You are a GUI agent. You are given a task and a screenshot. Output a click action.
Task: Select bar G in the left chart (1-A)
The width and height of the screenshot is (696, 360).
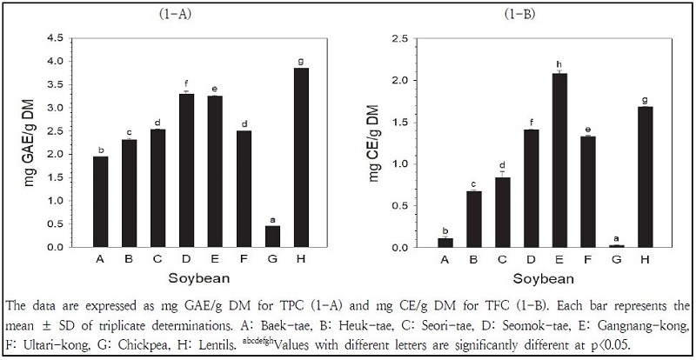pyautogui.click(x=272, y=237)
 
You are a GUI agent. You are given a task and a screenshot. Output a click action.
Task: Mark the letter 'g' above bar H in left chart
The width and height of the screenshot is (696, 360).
pyautogui.click(x=301, y=61)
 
